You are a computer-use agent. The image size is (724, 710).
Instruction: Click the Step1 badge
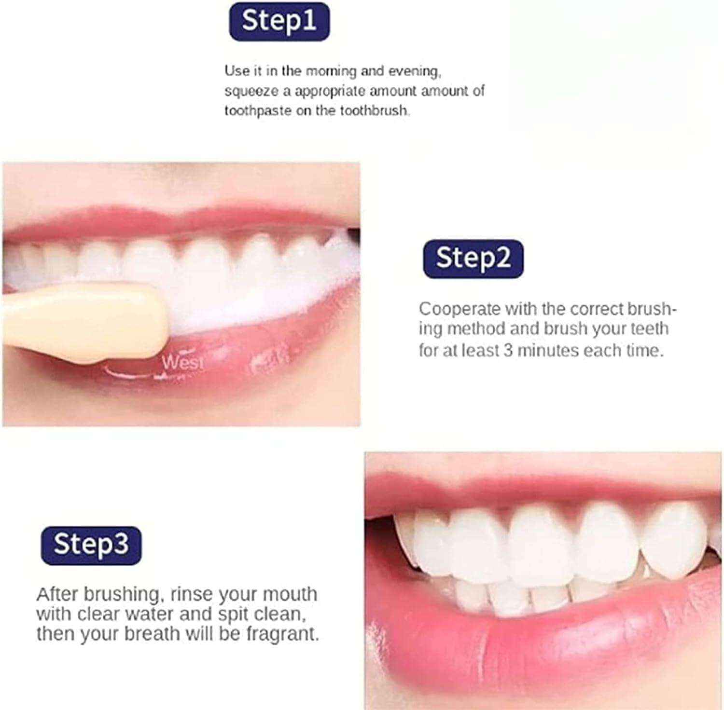[x=279, y=21]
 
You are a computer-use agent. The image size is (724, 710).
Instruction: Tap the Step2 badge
[x=473, y=259]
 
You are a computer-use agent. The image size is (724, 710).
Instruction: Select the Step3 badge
[x=91, y=545]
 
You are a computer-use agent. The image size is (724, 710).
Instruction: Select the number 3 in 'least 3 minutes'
[x=508, y=350]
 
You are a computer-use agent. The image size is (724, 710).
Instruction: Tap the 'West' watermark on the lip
[x=182, y=362]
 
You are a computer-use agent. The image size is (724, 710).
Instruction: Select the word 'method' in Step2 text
[x=476, y=329]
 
